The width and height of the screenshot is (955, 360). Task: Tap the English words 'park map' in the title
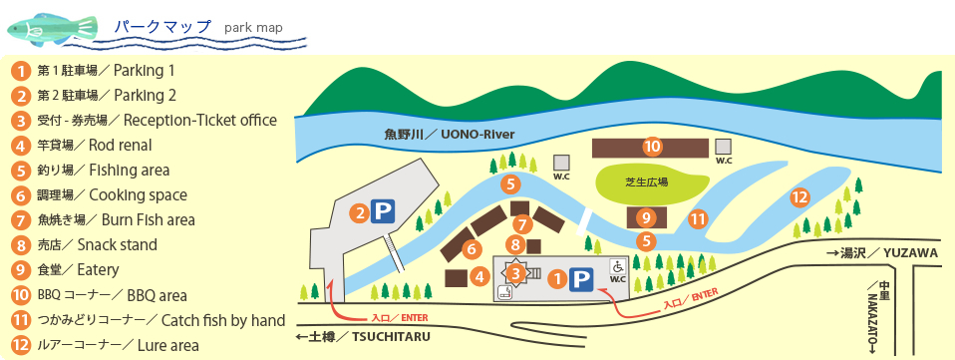[x=253, y=27]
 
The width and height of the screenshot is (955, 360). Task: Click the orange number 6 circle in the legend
[x=19, y=195]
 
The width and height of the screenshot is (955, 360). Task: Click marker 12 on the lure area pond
[x=798, y=197]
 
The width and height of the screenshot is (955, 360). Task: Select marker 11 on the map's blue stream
[x=698, y=218]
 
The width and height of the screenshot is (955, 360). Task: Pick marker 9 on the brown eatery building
[x=646, y=216]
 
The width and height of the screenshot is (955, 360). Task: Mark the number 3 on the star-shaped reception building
[x=515, y=272]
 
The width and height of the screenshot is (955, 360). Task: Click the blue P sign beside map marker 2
[x=383, y=211]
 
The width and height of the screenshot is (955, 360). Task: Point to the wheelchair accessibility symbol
[x=616, y=266]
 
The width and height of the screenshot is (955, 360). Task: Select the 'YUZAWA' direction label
[x=911, y=254]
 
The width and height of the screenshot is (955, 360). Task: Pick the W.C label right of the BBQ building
[x=724, y=160]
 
